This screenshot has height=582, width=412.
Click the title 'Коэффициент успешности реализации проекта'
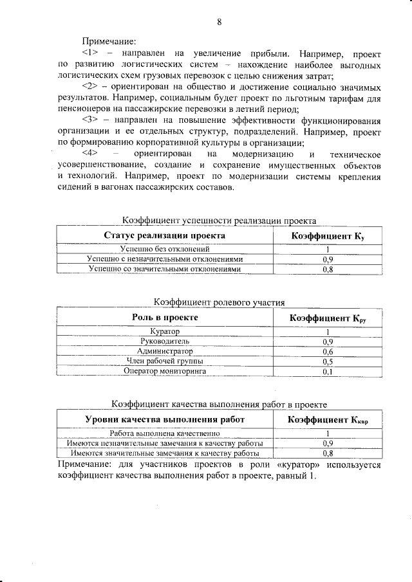(219, 221)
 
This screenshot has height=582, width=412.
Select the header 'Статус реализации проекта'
(165, 236)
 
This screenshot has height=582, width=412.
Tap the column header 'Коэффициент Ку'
(328, 236)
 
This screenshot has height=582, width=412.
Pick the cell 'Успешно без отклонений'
(165, 250)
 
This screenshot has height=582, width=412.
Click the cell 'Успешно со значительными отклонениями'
(165, 269)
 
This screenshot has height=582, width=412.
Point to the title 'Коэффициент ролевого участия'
(219, 302)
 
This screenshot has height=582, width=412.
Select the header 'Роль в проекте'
(165, 318)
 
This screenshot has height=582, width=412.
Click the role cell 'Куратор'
(165, 332)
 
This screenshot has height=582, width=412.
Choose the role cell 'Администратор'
(165, 352)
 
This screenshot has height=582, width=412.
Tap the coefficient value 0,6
(327, 352)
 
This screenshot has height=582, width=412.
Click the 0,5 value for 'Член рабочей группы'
(327, 361)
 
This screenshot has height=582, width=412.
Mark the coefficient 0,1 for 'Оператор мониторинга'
(327, 371)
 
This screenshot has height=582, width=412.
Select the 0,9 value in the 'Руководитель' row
(327, 341)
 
